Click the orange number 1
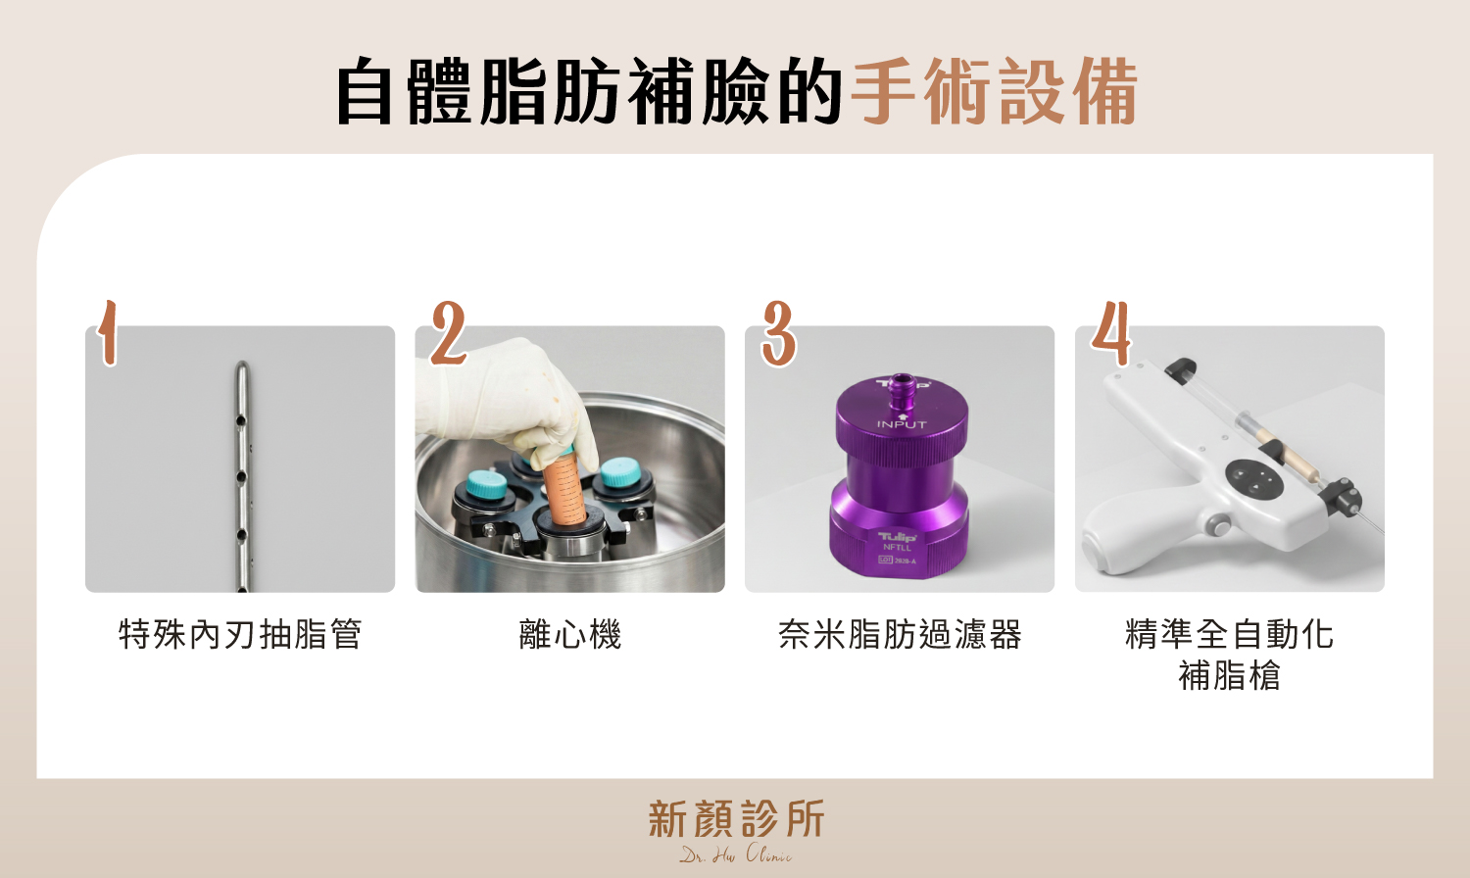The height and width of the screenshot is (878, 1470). (108, 333)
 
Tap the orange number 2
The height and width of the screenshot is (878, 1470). (448, 333)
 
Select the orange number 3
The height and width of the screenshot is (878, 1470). (778, 333)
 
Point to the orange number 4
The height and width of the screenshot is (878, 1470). (1111, 333)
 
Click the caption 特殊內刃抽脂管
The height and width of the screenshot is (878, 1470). (240, 634)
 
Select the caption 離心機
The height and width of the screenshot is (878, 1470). (570, 634)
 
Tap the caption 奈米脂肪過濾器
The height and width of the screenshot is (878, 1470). (900, 634)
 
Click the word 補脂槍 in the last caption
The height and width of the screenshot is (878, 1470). (1229, 676)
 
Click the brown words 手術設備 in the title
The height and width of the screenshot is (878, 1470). (994, 92)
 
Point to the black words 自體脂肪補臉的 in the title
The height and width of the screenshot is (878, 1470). (588, 92)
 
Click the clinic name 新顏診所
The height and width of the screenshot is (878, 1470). (736, 819)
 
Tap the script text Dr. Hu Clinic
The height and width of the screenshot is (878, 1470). (736, 854)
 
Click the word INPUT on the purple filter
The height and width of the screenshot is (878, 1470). (902, 424)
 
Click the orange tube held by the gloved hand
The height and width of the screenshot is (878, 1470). (567, 490)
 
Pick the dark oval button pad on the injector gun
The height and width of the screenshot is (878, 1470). (1253, 478)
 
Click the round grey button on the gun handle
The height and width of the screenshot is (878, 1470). (1218, 525)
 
